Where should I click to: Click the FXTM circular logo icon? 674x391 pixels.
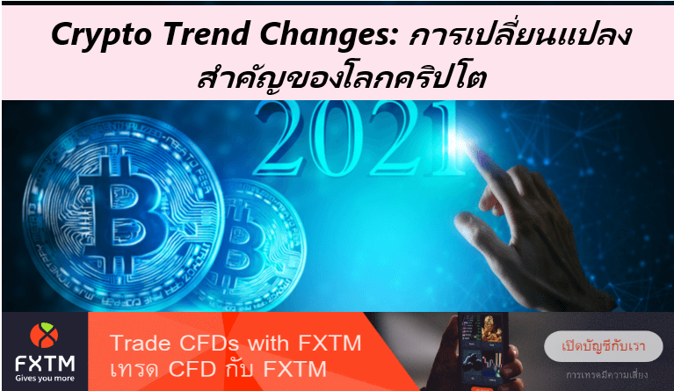(x=44, y=335)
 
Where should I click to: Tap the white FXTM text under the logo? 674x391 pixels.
(x=44, y=361)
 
